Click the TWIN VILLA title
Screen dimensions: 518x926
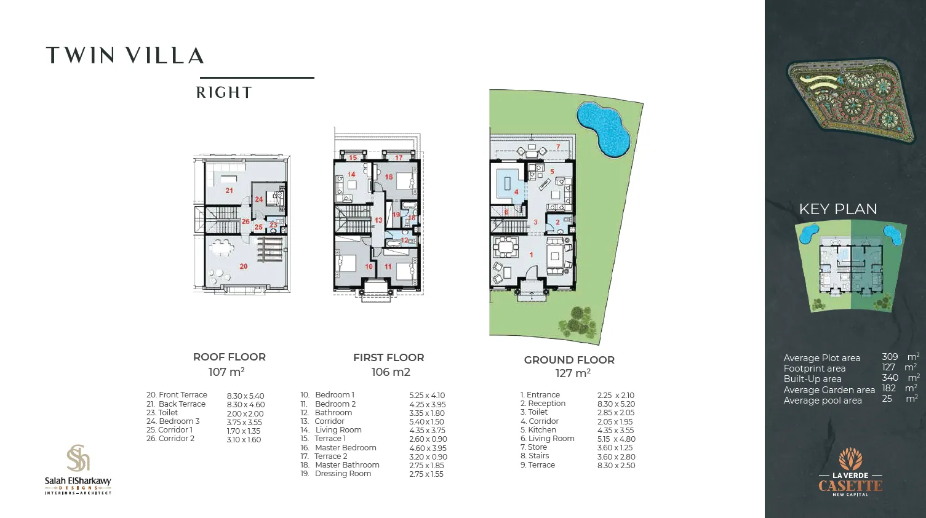coord(125,55)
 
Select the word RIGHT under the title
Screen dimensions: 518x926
coord(224,93)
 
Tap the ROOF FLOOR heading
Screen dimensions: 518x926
coord(229,357)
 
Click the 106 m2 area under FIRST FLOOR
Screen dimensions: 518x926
coord(390,372)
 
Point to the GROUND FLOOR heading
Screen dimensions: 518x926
coord(569,360)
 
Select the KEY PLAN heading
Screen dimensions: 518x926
coord(837,209)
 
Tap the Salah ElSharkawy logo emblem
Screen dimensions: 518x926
coord(78,458)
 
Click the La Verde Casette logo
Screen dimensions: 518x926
coord(850,472)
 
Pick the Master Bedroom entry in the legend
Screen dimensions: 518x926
coord(345,448)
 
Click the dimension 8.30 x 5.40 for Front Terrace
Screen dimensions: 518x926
coord(245,396)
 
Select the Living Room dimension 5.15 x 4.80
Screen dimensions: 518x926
coord(616,439)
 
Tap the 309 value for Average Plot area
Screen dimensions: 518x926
coord(889,357)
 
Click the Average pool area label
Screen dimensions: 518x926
coord(822,400)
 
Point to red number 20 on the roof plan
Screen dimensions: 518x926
coord(244,266)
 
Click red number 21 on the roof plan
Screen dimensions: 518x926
coord(229,191)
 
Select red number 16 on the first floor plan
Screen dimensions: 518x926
coord(389,177)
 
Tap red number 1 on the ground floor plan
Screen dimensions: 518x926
coord(532,254)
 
